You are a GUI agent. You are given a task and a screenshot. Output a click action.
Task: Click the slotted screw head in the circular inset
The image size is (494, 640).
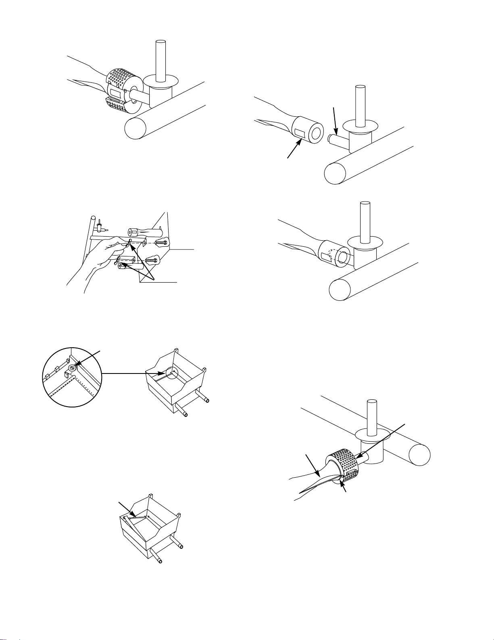pos(72,368)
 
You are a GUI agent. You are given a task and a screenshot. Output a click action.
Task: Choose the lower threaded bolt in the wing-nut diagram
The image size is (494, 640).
pos(150,260)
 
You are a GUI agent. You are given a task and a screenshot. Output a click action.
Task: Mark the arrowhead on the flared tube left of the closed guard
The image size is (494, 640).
pos(318,472)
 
